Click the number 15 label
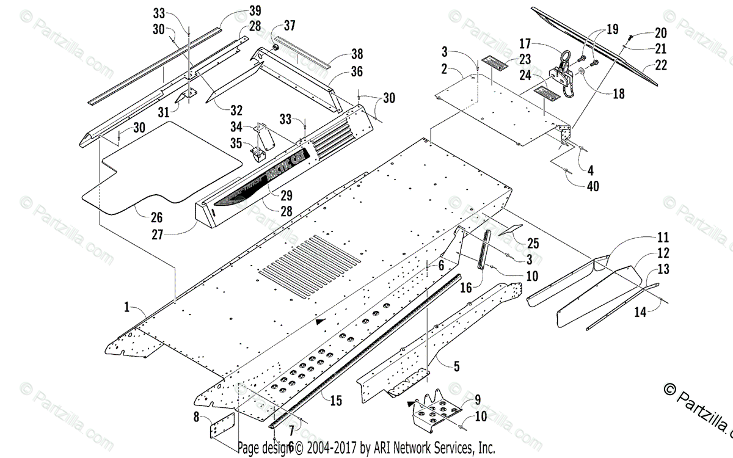[335, 401]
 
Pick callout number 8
[196, 418]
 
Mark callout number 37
[290, 25]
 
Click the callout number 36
[357, 72]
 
